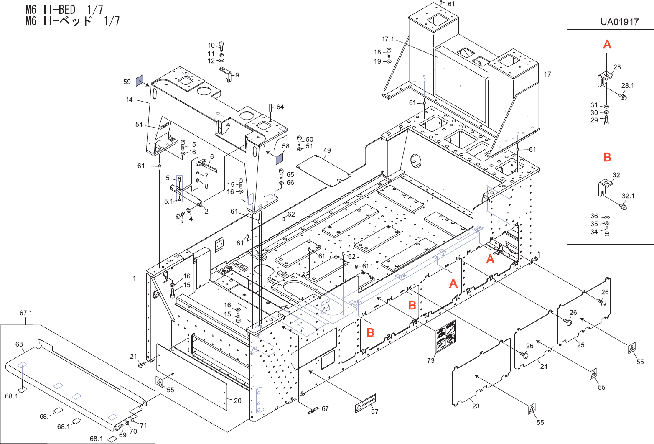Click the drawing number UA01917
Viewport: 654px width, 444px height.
pyautogui.click(x=620, y=22)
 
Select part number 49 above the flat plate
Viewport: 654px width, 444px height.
pyautogui.click(x=327, y=151)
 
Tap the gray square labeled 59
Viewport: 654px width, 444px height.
pyautogui.click(x=140, y=81)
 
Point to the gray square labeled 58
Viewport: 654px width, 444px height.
pyautogui.click(x=280, y=158)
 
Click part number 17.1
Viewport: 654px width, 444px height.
pyautogui.click(x=388, y=39)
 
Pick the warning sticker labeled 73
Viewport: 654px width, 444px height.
pyautogui.click(x=445, y=337)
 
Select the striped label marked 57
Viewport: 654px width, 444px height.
pyautogui.click(x=365, y=403)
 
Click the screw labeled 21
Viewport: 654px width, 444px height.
pyautogui.click(x=141, y=365)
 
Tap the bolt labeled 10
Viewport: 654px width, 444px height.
pyautogui.click(x=221, y=46)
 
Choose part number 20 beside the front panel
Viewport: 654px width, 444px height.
pyautogui.click(x=238, y=401)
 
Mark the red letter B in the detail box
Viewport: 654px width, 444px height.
pyautogui.click(x=607, y=157)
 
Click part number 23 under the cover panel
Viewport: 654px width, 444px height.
pyautogui.click(x=476, y=406)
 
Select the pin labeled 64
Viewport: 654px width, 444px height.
pyautogui.click(x=271, y=107)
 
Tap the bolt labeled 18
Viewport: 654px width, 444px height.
pyautogui.click(x=389, y=53)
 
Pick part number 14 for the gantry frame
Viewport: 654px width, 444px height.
pyautogui.click(x=130, y=100)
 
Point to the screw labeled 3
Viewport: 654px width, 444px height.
pyautogui.click(x=180, y=216)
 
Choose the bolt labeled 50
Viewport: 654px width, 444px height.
pyautogui.click(x=299, y=140)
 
